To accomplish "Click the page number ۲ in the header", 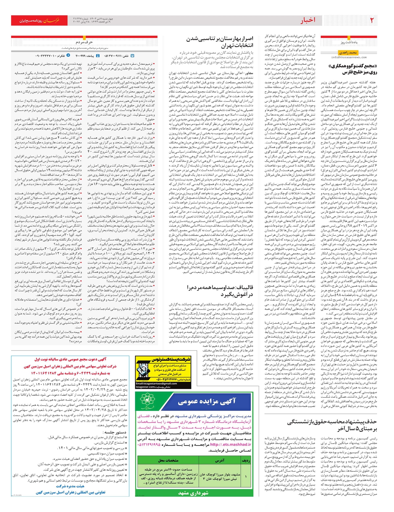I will (372, 20).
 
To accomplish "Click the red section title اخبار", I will (307, 20).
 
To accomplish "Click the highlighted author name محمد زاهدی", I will (348, 52).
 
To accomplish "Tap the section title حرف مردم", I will (84, 42).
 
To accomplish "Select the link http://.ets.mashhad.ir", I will (230, 445).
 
